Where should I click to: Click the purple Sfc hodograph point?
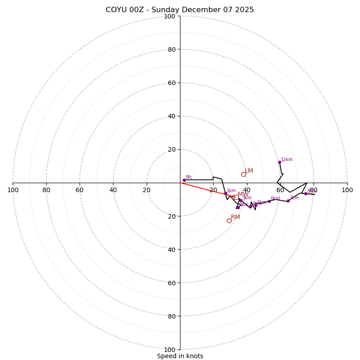click(184, 180)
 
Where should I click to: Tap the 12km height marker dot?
click(279, 162)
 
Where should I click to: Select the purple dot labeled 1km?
click(225, 193)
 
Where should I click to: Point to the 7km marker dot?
click(288, 201)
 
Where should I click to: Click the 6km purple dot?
click(269, 201)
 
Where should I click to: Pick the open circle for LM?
click(243, 174)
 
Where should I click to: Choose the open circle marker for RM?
click(229, 220)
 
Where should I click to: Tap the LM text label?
click(249, 171)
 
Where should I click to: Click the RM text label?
click(235, 217)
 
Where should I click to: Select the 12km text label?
click(287, 160)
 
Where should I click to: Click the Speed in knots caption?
click(180, 356)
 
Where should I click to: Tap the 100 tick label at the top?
click(170, 16)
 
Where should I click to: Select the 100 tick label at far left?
click(13, 190)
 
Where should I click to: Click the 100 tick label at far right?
click(347, 190)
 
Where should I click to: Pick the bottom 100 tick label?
click(170, 349)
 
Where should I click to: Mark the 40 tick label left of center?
click(113, 190)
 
